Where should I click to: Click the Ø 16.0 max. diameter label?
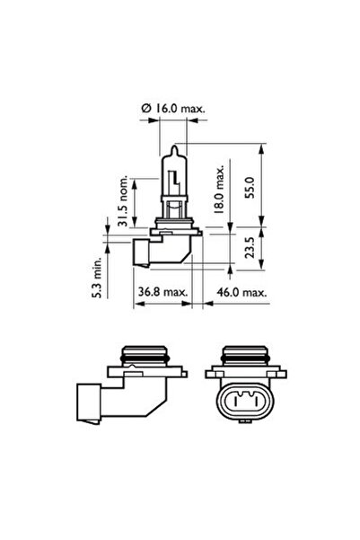tap(173, 109)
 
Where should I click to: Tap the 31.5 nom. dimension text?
tap(122, 200)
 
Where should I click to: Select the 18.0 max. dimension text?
tap(218, 189)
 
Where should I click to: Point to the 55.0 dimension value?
tap(250, 188)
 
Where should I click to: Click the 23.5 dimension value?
tap(250, 247)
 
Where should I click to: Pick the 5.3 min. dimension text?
tap(97, 278)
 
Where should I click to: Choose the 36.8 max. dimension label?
tap(163, 292)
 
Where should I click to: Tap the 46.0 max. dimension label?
tap(241, 292)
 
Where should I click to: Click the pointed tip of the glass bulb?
tap(175, 146)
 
